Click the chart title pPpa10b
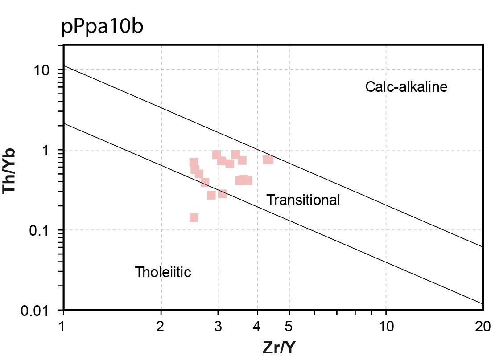point(102,27)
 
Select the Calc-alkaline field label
point(406,86)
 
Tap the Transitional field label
point(303,200)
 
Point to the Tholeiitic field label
point(163,272)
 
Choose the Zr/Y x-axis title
point(279,348)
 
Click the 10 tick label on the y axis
point(42,71)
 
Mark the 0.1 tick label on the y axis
point(39,231)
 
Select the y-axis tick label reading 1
point(46,151)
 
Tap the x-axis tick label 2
point(161,327)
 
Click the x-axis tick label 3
point(218,327)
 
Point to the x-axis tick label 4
point(257,327)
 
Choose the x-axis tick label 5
point(289,327)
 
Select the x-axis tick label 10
point(386,327)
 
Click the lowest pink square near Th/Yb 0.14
point(194,217)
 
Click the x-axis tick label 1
point(62,327)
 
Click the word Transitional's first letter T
point(270,200)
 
